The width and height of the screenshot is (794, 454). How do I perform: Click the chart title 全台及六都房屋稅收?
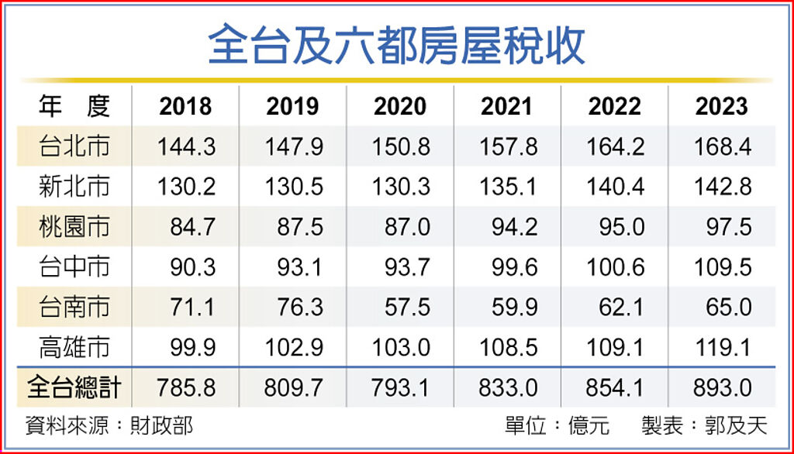coord(396,46)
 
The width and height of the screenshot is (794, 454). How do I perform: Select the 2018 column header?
coord(185,106)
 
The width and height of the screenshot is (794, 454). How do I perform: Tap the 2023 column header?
coord(721,106)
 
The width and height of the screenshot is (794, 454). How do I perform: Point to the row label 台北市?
coord(74,146)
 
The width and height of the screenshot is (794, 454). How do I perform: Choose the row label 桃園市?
coord(74,227)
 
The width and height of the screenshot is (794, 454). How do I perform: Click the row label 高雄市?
coord(74,347)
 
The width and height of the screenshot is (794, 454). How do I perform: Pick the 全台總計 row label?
coord(74,387)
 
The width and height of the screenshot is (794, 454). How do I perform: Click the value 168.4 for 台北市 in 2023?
coord(723,147)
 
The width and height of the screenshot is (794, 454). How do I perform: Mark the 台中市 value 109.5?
coord(723,267)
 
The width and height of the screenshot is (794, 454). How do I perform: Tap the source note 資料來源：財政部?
coord(109,425)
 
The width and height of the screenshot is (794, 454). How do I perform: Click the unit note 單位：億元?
coord(557,425)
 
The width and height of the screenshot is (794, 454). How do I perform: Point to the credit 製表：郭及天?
coord(704,425)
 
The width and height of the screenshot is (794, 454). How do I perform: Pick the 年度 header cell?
coord(74,106)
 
